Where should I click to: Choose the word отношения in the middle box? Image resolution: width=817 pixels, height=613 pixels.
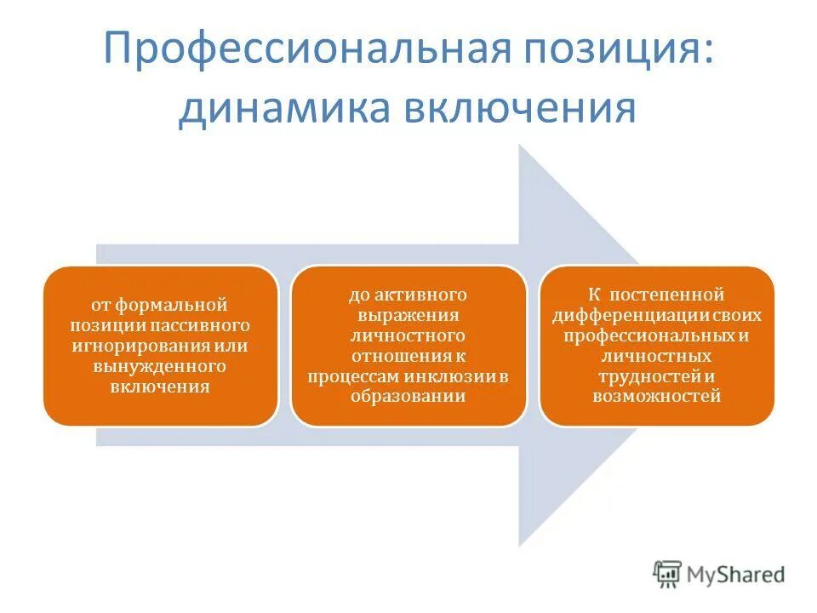click(399, 355)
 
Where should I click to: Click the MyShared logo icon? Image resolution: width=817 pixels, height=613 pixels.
click(668, 575)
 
